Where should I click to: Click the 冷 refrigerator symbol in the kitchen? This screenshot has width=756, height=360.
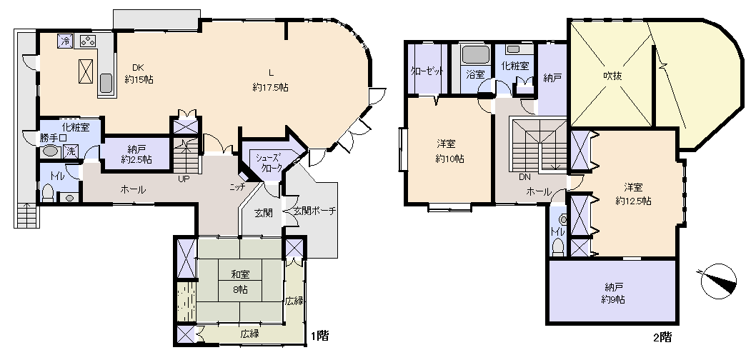pos(65,41)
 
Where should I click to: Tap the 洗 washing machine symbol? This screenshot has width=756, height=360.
pos(71,151)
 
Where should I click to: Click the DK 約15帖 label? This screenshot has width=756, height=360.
pos(139,74)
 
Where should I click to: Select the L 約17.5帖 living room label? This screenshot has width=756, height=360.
pos(271,81)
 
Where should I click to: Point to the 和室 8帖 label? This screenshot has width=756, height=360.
pos(240,282)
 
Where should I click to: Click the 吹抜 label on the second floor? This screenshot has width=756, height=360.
pos(611,76)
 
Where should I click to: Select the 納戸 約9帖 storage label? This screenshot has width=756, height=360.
pos(613,293)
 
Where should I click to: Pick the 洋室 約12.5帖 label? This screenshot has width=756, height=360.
pos(634,194)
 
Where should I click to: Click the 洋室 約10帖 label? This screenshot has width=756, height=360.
pos(449,151)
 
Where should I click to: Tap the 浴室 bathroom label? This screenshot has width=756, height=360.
pos(475,74)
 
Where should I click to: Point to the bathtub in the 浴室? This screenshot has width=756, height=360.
pos(476,54)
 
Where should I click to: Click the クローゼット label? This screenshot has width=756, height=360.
pos(427,71)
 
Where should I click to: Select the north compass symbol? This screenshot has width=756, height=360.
pos(718,281)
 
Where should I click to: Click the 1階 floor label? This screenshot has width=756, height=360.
pos(319,336)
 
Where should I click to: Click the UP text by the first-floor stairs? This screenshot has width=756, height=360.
pos(184,179)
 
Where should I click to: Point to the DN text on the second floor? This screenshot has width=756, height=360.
pos(524,177)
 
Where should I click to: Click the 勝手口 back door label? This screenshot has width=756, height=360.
pos(54,138)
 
